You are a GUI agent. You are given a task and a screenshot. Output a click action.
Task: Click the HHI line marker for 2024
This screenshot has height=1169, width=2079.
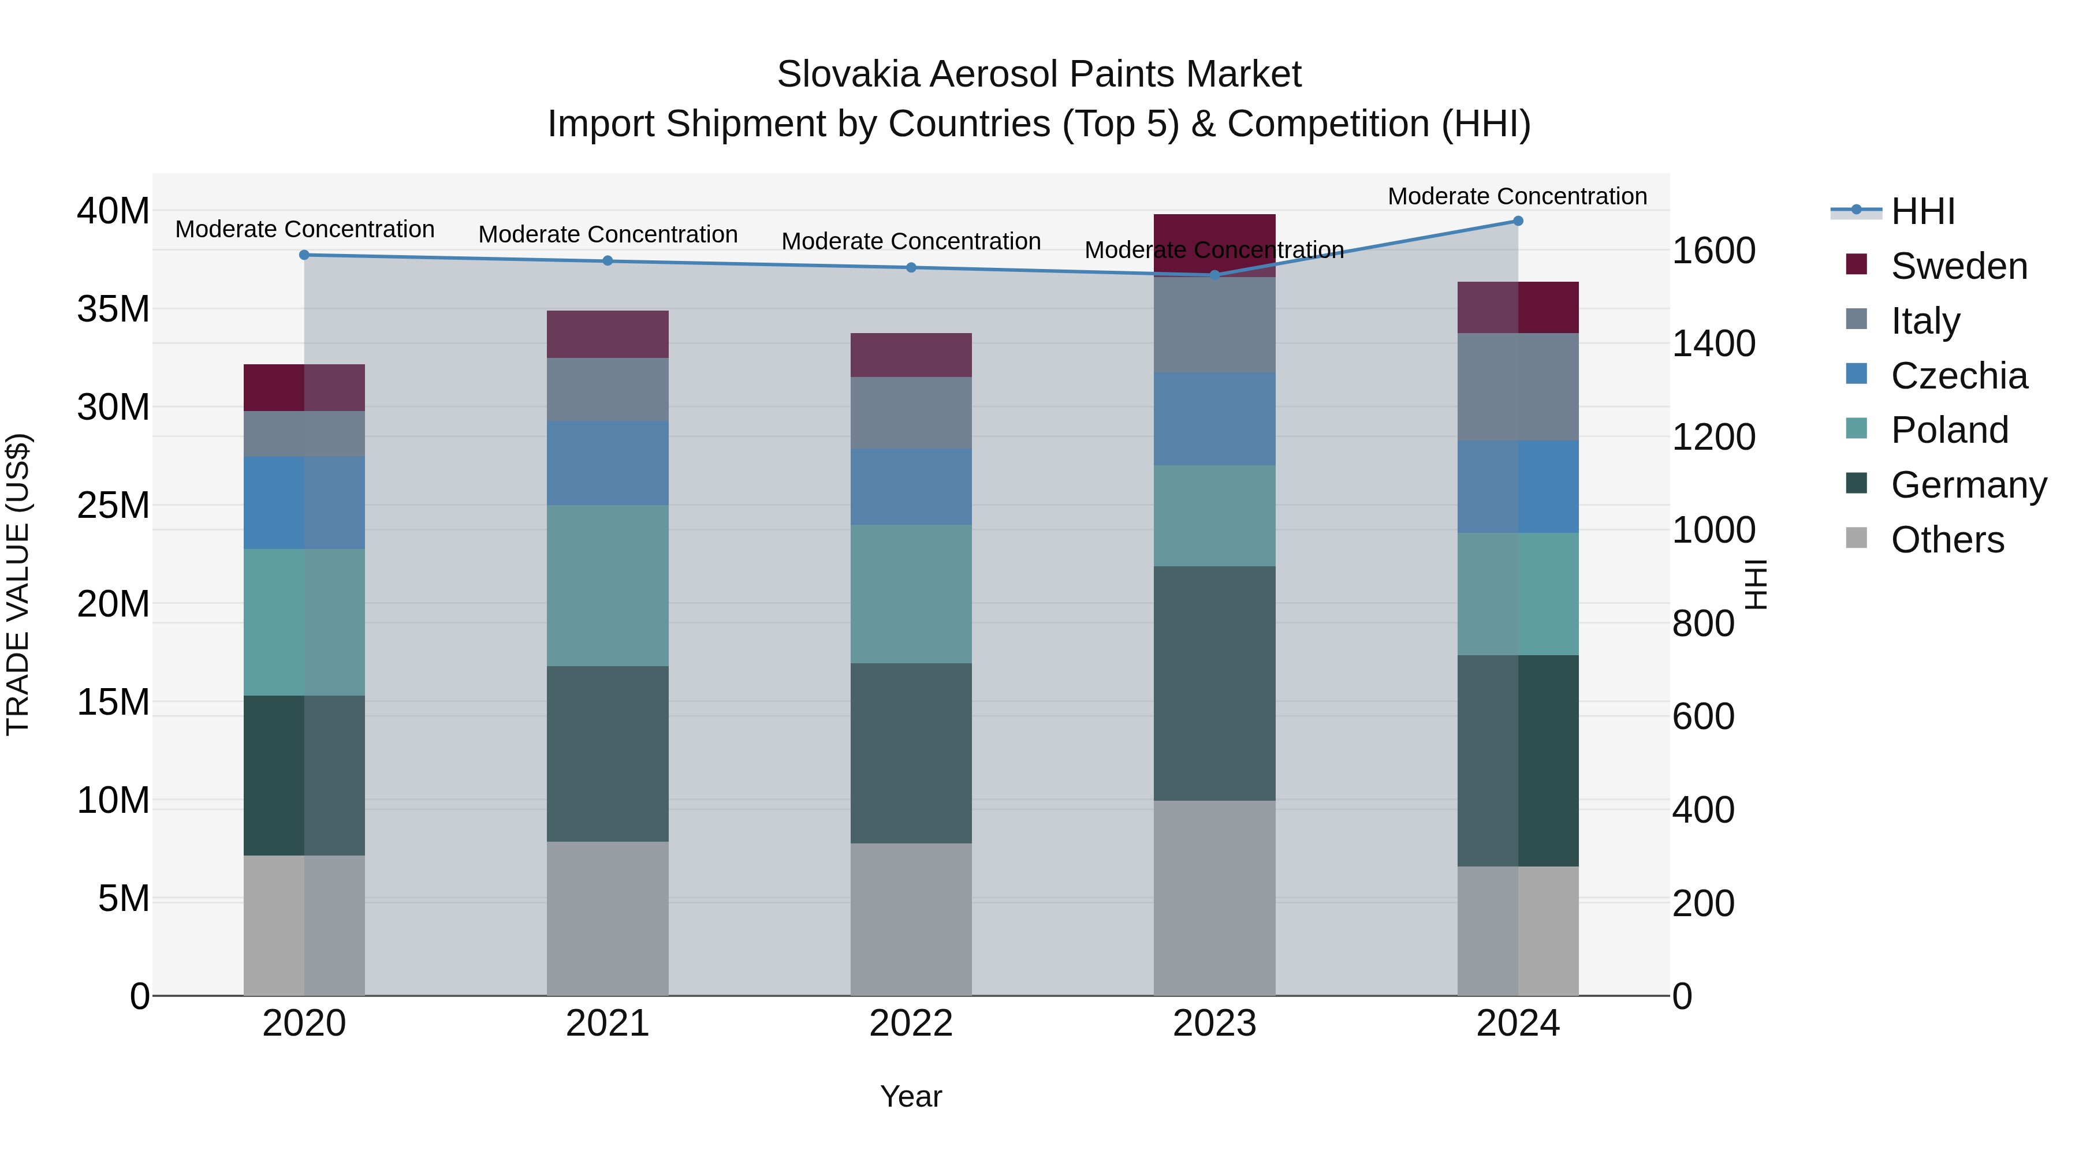point(1517,221)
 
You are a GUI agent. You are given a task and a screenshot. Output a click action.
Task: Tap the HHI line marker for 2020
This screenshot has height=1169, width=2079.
point(304,255)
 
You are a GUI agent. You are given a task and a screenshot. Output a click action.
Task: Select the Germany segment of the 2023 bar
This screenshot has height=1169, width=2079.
point(1214,684)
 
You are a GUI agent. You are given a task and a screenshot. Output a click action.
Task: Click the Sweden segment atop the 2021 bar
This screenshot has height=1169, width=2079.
point(608,334)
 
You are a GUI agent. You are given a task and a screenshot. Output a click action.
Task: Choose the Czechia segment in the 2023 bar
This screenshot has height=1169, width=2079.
point(1214,419)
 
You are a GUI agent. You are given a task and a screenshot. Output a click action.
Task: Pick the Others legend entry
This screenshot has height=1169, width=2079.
point(1947,540)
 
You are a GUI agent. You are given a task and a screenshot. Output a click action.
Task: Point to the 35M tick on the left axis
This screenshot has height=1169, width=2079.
point(113,309)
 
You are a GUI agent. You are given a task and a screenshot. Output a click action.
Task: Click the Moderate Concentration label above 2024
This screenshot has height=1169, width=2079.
point(1517,196)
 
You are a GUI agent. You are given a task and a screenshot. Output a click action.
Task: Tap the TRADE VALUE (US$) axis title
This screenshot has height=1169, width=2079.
point(18,584)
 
